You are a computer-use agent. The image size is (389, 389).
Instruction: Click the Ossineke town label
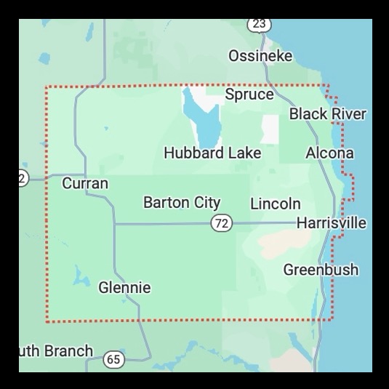[x=260, y=56]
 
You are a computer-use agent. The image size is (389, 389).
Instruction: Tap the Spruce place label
[x=249, y=95]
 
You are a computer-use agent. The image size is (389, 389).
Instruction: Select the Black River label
[x=327, y=114]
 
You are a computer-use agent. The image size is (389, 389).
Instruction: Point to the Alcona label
[x=329, y=153]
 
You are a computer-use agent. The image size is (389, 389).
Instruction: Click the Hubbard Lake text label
[x=212, y=153]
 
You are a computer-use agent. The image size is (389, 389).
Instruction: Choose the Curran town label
[x=85, y=183]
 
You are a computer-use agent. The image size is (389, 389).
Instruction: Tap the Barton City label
[x=182, y=203]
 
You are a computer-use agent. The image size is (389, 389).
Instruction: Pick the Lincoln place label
[x=275, y=204]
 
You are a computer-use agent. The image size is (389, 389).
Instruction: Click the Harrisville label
[x=331, y=223]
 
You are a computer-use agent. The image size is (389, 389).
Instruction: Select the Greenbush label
[x=321, y=270]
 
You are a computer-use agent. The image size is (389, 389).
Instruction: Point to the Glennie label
[x=124, y=288]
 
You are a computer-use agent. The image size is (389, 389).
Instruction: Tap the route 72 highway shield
[x=222, y=224]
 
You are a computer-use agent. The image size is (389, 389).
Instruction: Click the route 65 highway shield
[x=113, y=359]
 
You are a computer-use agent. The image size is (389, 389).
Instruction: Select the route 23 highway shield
[x=259, y=24]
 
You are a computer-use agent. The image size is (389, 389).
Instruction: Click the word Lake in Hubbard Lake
[x=244, y=153]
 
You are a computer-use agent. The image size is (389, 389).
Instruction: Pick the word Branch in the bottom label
[x=70, y=351]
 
